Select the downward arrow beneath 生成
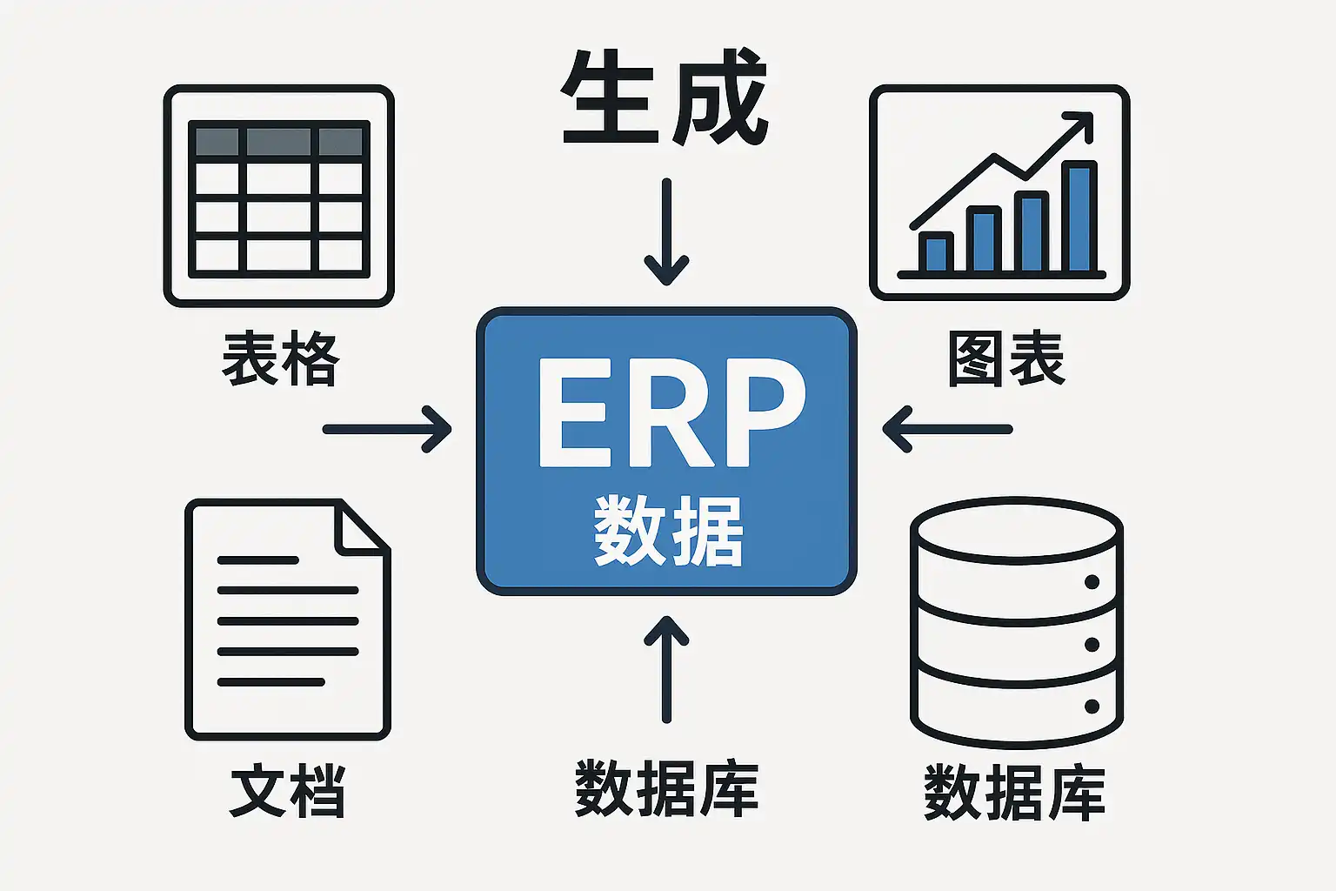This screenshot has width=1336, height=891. pyautogui.click(x=666, y=231)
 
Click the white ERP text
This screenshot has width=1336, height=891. pyautogui.click(x=671, y=412)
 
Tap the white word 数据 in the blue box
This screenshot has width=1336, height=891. pyautogui.click(x=668, y=531)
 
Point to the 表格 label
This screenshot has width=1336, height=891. pyautogui.click(x=281, y=359)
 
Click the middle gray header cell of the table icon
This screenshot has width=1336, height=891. pyautogui.click(x=278, y=142)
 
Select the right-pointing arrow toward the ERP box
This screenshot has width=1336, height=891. pyautogui.click(x=387, y=429)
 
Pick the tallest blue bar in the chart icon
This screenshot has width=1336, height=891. pyautogui.click(x=1079, y=218)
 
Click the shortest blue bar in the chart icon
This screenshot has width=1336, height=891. pyautogui.click(x=936, y=252)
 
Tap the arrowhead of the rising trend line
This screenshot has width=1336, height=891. pyautogui.click(x=1079, y=126)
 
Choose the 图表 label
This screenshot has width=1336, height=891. pyautogui.click(x=1006, y=359)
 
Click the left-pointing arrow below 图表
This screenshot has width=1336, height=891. pyautogui.click(x=947, y=429)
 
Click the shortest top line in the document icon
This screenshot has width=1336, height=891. pyautogui.click(x=257, y=560)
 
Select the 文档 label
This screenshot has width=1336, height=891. pyautogui.click(x=288, y=791)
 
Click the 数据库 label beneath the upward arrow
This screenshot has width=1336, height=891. pyautogui.click(x=666, y=787)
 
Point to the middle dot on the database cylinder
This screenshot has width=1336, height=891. pyautogui.click(x=1092, y=645)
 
